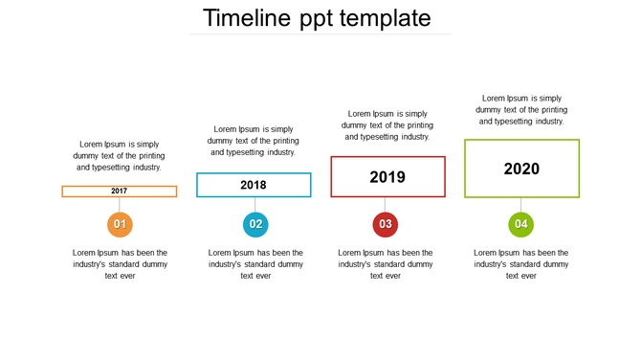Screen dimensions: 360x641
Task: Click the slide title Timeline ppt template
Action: point(317,18)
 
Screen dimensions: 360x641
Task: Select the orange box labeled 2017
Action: point(120,191)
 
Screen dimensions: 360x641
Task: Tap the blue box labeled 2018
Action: point(254,185)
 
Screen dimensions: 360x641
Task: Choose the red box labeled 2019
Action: point(387,177)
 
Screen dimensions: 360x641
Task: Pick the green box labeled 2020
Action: point(521,169)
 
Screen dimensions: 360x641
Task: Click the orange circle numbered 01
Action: point(120,225)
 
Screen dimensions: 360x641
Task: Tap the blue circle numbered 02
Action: point(255,225)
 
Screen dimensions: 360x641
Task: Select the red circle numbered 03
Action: point(386,225)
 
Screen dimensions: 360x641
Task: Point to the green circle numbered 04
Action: point(521,225)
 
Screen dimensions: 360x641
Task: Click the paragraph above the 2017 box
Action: point(120,155)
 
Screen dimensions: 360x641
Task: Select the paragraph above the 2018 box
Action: point(254,140)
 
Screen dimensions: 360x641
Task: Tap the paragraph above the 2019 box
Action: point(387,124)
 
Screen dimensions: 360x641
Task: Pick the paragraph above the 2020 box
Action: point(521,109)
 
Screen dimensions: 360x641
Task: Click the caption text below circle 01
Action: point(120,264)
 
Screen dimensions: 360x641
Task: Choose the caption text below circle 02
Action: point(255,264)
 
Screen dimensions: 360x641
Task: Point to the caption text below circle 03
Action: point(386,264)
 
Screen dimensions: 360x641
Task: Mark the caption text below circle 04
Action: point(521,264)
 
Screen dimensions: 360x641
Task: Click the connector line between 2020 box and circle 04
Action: point(521,205)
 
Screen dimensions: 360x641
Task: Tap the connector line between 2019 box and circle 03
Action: point(386,205)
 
